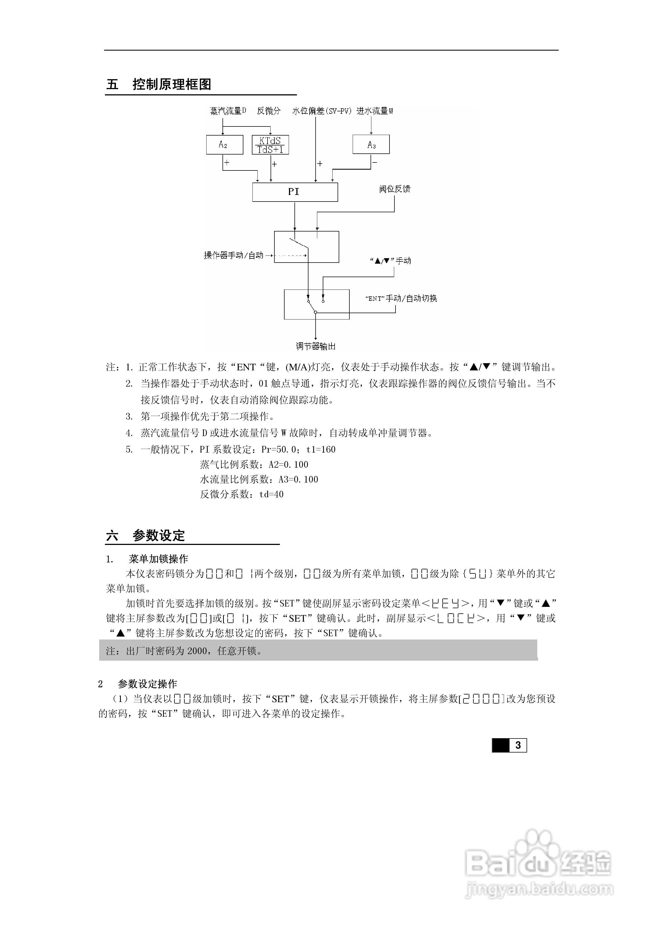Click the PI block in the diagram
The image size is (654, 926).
(294, 192)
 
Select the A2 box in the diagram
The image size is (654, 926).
(224, 144)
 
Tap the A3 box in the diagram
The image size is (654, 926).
(371, 144)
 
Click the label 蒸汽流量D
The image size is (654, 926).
(228, 111)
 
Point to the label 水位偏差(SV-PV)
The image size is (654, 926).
(322, 111)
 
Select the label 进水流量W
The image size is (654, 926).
(375, 111)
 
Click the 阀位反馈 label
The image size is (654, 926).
(394, 189)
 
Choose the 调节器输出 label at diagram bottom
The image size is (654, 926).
(316, 346)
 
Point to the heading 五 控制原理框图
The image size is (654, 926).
(159, 84)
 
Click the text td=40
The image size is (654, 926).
(271, 494)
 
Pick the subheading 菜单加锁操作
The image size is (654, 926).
(158, 559)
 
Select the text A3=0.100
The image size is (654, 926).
(298, 479)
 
